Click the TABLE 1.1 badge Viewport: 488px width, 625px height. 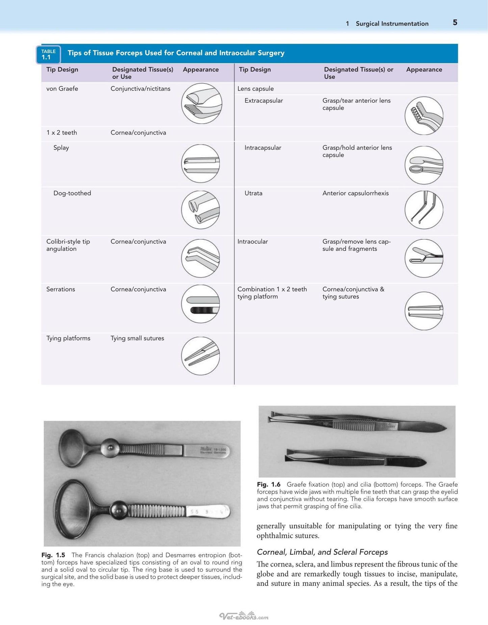click(48, 54)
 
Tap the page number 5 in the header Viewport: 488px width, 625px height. click(455, 23)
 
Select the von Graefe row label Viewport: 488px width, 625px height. click(62, 89)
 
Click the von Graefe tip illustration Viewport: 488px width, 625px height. click(202, 103)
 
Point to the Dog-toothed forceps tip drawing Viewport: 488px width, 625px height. click(201, 210)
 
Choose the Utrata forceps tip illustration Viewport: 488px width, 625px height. click(424, 210)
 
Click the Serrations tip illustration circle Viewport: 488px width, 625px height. click(201, 304)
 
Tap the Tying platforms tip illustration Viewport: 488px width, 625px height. click(201, 356)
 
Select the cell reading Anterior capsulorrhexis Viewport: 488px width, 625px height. click(355, 193)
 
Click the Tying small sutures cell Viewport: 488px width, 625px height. click(137, 338)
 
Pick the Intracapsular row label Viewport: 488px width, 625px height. click(263, 148)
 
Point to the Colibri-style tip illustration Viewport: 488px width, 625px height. click(201, 258)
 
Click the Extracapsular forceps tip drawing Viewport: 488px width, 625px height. click(424, 116)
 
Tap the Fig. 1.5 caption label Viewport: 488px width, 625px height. click(53, 555)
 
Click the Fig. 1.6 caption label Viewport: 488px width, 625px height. click(268, 484)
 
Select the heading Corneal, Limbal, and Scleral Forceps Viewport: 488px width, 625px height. click(322, 552)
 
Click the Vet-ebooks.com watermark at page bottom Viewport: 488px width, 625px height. click(244, 616)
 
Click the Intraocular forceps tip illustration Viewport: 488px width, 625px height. click(424, 258)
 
